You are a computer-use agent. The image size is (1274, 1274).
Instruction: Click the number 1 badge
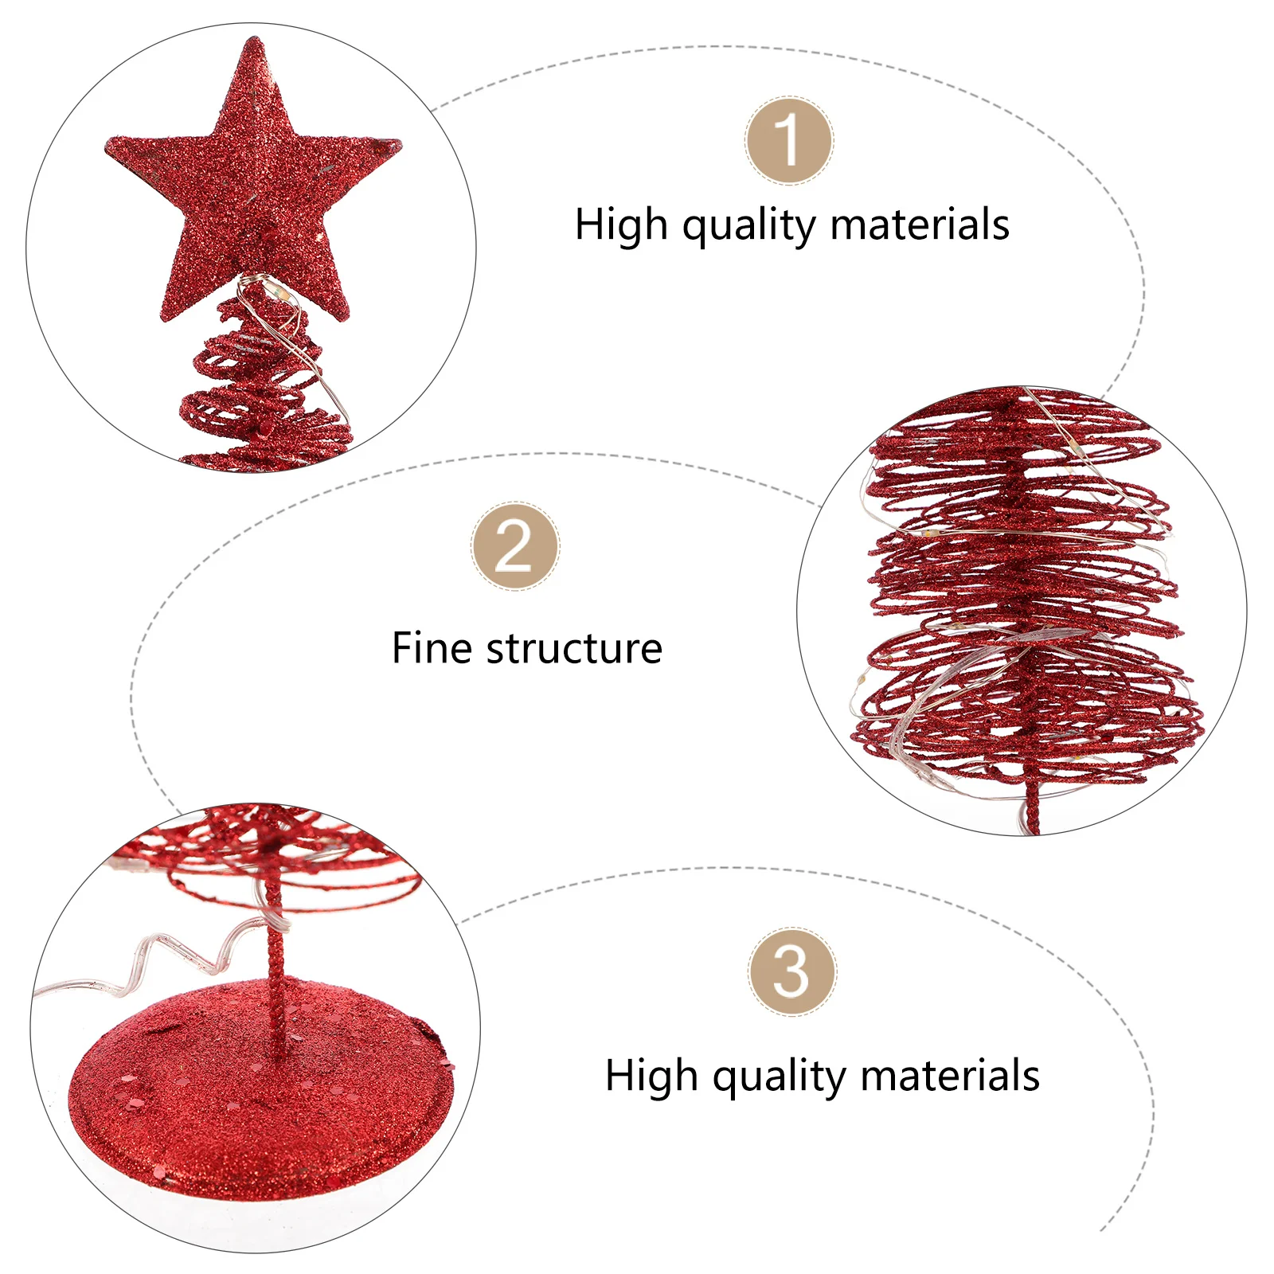point(789,141)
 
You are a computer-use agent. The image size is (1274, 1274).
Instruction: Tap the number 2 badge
point(514,546)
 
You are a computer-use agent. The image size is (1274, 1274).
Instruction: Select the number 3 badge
point(791,971)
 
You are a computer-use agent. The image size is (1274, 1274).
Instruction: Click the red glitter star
point(253,191)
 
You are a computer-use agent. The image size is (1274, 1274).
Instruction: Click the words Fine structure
point(526,648)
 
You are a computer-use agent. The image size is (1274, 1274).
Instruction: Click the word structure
point(574,648)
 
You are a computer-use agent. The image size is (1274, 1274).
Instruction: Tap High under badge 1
point(621,225)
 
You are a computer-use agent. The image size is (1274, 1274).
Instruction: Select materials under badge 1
point(920,225)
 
